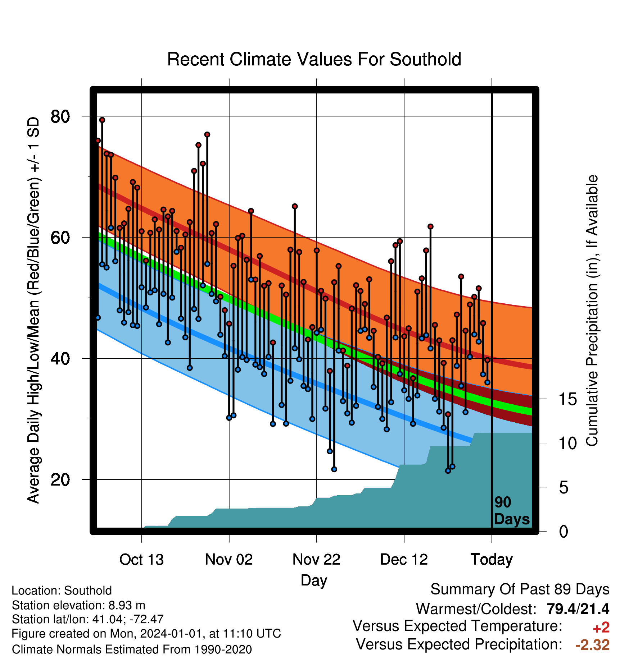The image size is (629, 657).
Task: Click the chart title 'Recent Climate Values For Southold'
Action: point(314,59)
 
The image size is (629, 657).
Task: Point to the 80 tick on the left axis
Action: point(60,116)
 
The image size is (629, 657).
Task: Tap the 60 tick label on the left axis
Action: point(60,237)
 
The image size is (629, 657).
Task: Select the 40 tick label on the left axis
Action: point(60,358)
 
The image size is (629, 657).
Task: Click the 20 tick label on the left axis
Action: point(60,479)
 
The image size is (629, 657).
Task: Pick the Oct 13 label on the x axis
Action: point(141,560)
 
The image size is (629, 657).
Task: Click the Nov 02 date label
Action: point(229,560)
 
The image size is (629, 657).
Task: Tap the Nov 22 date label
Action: point(316,560)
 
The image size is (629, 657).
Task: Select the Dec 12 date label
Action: point(404,560)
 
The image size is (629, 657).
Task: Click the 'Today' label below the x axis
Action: point(492,560)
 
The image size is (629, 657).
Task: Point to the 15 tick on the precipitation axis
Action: point(567,399)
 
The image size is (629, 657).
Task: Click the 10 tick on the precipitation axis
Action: point(567,443)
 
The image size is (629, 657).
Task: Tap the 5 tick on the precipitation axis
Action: point(564,487)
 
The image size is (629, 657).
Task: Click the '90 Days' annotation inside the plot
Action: point(512,511)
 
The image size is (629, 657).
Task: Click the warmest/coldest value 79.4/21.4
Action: point(578,609)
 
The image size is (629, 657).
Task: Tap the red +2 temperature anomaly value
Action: point(601,628)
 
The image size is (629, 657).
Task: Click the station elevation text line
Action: point(78,605)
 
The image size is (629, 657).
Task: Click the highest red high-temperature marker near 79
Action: point(102,120)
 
